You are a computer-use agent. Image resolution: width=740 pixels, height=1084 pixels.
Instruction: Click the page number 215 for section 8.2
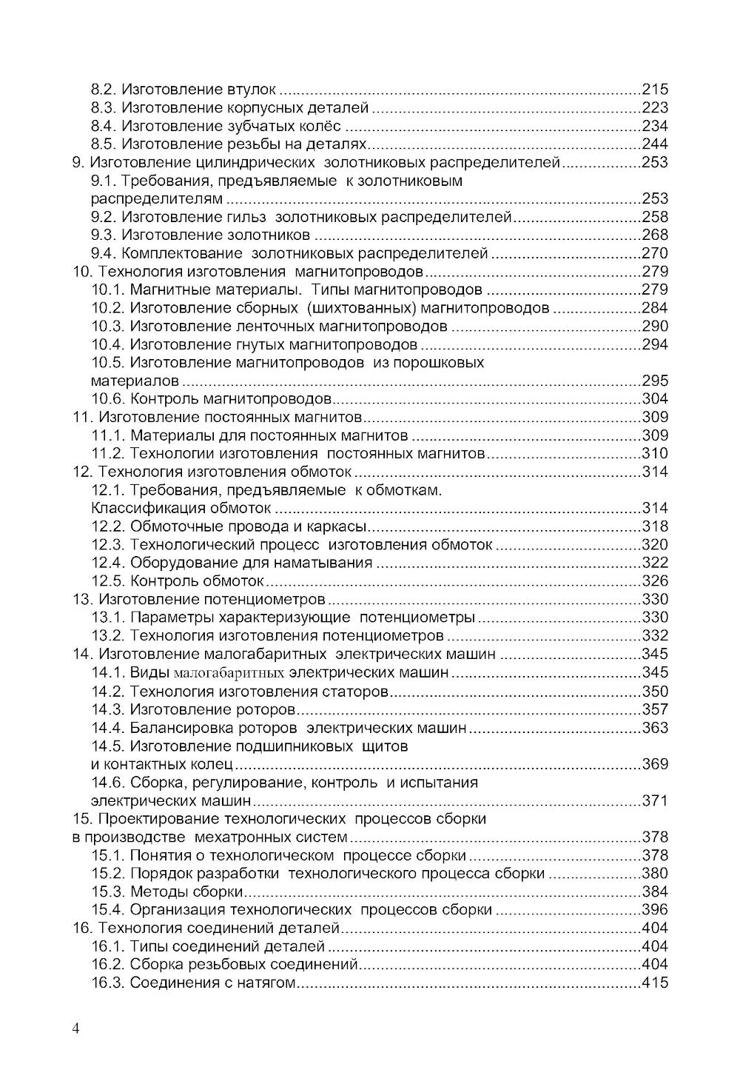pyautogui.click(x=654, y=90)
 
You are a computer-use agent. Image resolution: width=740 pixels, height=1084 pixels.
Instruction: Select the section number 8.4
pyautogui.click(x=104, y=126)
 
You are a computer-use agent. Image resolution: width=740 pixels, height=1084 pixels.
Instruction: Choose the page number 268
pyautogui.click(x=654, y=235)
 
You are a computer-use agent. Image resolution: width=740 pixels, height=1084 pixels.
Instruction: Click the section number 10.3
pyautogui.click(x=109, y=327)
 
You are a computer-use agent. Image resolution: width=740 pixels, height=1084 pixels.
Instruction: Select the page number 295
pyautogui.click(x=654, y=381)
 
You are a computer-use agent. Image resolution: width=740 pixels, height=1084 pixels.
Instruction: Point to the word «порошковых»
pyautogui.click(x=438, y=363)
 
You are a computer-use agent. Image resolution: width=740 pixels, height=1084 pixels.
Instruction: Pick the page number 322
pyautogui.click(x=654, y=563)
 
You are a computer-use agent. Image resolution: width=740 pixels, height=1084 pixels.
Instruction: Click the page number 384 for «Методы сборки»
pyautogui.click(x=654, y=891)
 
